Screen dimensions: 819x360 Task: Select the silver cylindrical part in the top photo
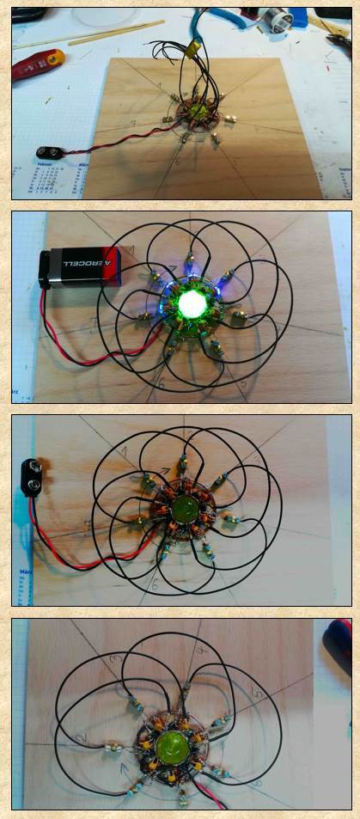click(x=282, y=22)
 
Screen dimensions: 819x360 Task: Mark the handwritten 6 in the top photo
click(x=177, y=161)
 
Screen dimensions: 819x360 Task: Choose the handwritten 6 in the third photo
click(x=155, y=583)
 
